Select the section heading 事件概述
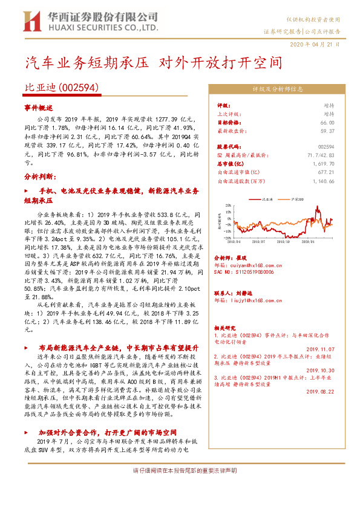tap(39, 107)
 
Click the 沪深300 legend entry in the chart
tap(296, 198)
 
